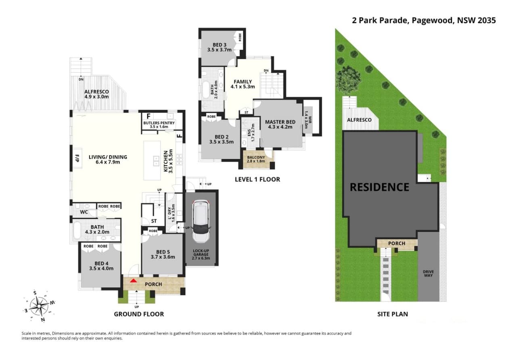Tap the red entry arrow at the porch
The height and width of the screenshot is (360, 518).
click(134, 281)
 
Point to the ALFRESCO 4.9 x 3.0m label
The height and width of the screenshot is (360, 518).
click(96, 94)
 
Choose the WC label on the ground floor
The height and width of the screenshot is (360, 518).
click(84, 211)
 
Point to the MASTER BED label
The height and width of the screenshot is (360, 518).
click(280, 124)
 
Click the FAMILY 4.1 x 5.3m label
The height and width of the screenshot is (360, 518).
click(243, 84)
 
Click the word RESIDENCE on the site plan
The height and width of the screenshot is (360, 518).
click(379, 187)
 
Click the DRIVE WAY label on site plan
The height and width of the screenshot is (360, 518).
click(428, 273)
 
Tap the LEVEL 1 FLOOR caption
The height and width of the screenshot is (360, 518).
click(257, 179)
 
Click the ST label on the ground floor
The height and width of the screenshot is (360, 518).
click(154, 221)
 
